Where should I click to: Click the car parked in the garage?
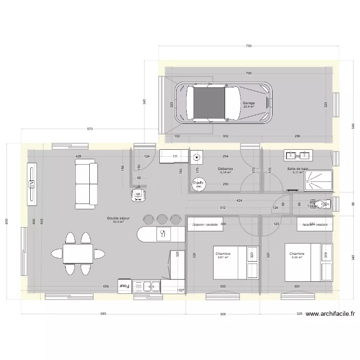(223, 103)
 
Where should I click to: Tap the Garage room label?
(249, 103)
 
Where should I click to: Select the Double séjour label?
(118, 218)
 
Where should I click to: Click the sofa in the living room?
(86, 185)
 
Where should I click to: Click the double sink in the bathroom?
(299, 156)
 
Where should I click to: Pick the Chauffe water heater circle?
(198, 183)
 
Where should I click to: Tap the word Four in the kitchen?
(124, 286)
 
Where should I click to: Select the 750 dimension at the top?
(248, 46)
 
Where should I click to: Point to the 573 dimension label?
(90, 129)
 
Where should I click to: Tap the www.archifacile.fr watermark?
(330, 314)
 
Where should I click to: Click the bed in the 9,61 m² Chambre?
(236, 262)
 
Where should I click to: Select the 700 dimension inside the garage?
(248, 73)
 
